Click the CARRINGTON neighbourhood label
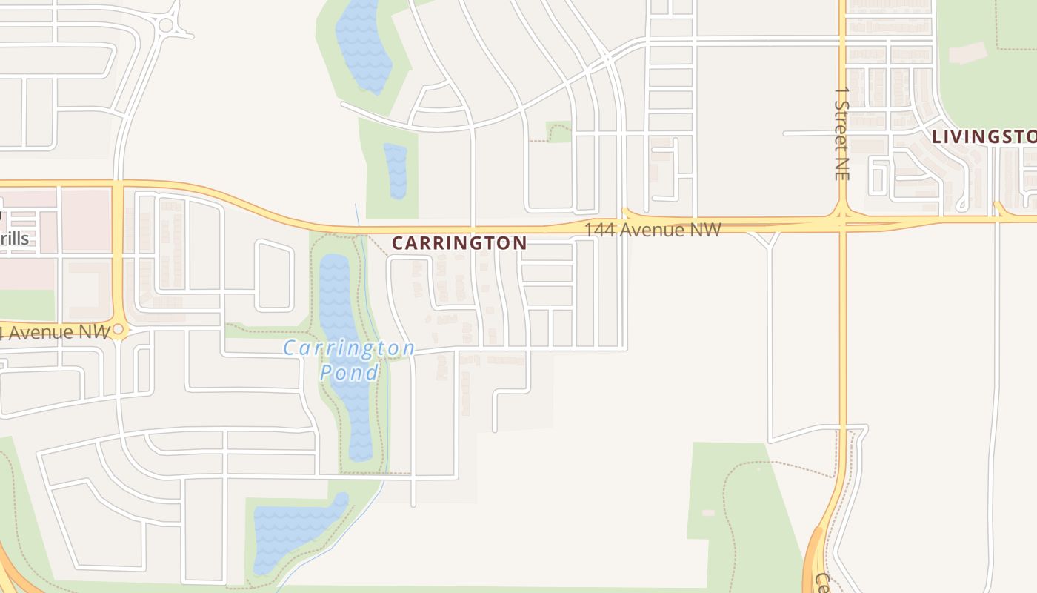[x=459, y=242]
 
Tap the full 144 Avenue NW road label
[x=653, y=230]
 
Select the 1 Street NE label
[x=841, y=133]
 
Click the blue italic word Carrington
[x=349, y=348]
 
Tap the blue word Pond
[x=349, y=372]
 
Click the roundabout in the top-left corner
[x=166, y=25]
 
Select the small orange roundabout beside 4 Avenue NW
[x=118, y=329]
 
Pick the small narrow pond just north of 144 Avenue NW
[x=396, y=170]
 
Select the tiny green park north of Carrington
[x=559, y=131]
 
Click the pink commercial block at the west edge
[x=85, y=219]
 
